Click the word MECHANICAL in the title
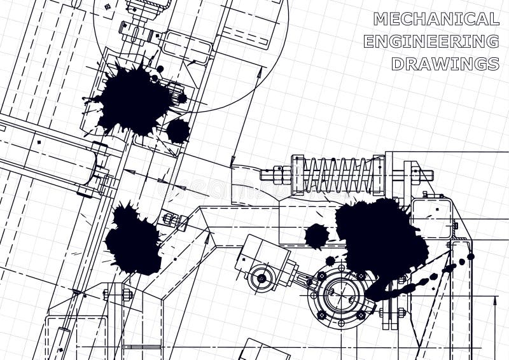pyautogui.click(x=436, y=19)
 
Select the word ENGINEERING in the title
pyautogui.click(x=431, y=41)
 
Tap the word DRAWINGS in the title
pyautogui.click(x=445, y=64)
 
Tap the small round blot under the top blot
pyautogui.click(x=178, y=131)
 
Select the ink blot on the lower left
pyautogui.click(x=133, y=239)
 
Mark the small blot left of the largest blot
pyautogui.click(x=316, y=236)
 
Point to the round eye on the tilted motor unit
pyautogui.click(x=261, y=278)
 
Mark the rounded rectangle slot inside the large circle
pyautogui.click(x=186, y=47)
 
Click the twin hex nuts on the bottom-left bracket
pyautogui.click(x=117, y=294)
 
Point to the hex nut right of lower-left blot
pyautogui.click(x=170, y=219)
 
